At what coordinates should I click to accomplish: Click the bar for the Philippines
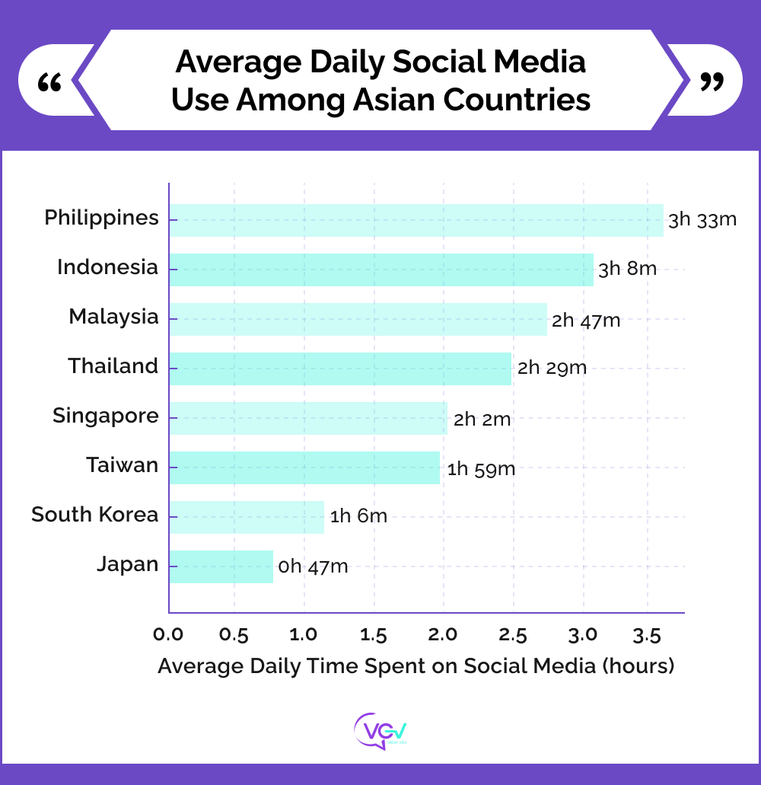pos(416,220)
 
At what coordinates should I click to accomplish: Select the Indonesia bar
pos(380,270)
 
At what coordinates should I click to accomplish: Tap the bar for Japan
pos(221,566)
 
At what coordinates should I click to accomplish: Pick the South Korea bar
pos(246,517)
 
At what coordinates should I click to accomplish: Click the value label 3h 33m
pos(702,220)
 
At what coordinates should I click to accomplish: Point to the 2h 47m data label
pos(586,321)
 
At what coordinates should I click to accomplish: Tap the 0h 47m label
pos(313,566)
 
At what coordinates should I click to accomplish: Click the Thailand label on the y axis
pos(113,366)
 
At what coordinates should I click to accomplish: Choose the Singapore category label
pos(106,416)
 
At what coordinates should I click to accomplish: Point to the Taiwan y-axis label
pos(123,465)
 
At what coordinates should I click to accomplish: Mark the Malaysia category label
pos(113,317)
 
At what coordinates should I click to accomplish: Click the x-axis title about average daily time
pos(416,666)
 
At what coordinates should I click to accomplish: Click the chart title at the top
pos(380,81)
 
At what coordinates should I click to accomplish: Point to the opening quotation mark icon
pos(49,81)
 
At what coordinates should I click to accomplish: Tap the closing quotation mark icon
pos(712,81)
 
